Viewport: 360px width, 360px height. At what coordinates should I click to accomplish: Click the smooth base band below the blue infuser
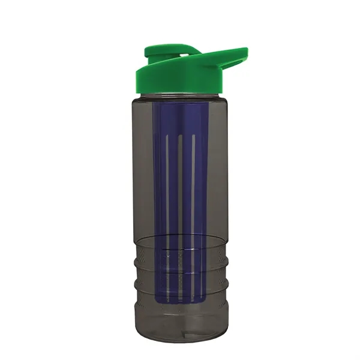tap(180, 315)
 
